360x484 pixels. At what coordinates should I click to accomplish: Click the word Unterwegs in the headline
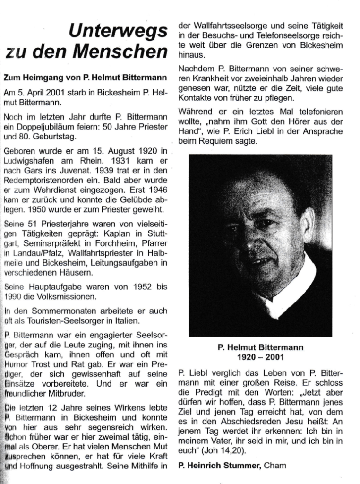click(x=118, y=32)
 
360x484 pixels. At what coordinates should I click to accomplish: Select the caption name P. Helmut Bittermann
click(x=261, y=347)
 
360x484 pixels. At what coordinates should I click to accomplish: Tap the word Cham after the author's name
click(x=275, y=467)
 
